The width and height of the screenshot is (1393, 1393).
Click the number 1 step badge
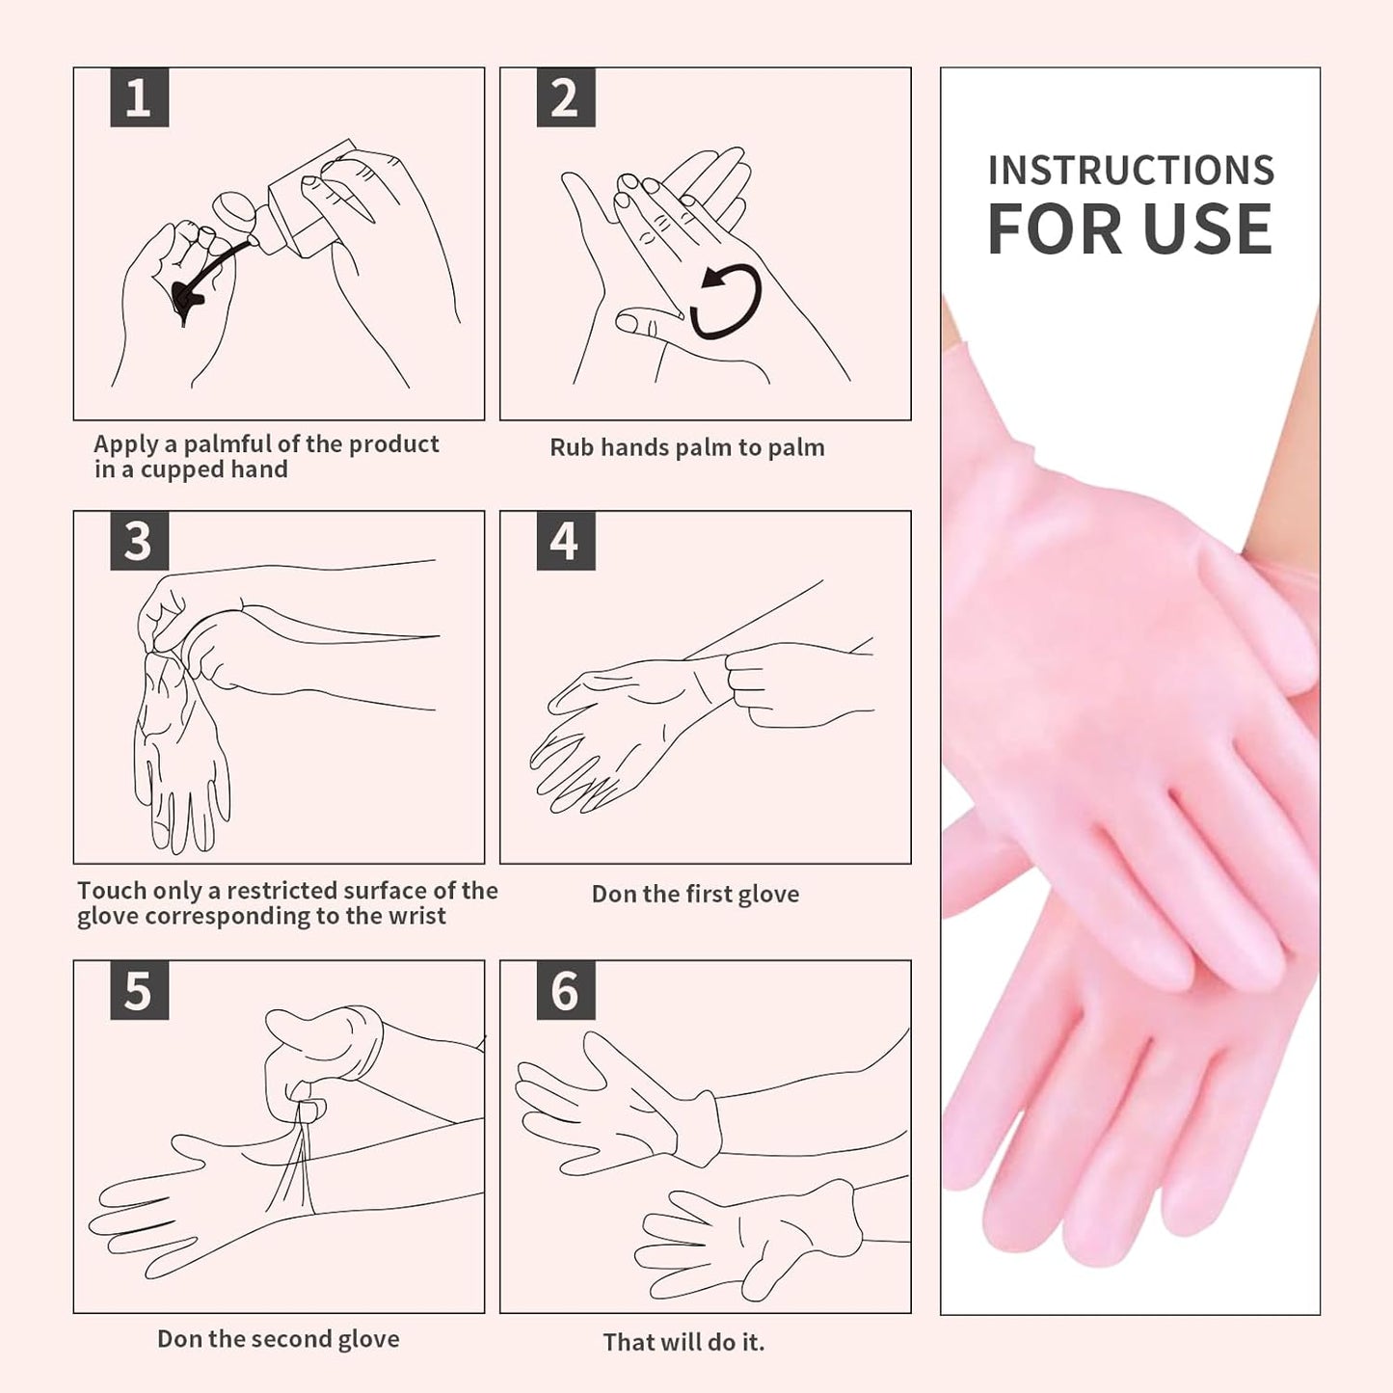140,97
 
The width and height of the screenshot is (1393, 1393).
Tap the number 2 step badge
566,97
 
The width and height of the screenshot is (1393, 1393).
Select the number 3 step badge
140,541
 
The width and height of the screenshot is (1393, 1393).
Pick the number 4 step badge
566,541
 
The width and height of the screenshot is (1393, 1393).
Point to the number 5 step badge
140,990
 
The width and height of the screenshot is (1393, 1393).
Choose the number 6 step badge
566,990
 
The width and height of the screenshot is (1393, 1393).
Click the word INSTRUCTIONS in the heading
1131,171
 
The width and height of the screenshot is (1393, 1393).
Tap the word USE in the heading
1208,229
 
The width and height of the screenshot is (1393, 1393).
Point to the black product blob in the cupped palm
186,300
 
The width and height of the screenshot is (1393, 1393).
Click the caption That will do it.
683,1342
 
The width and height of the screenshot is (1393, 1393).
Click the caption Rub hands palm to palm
686,447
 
